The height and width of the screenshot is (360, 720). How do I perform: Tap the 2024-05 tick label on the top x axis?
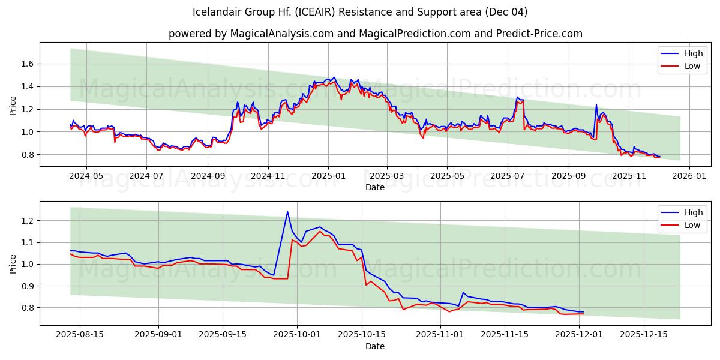86,176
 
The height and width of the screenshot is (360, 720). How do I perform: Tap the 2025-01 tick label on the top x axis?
328,176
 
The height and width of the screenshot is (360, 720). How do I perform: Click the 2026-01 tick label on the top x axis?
689,176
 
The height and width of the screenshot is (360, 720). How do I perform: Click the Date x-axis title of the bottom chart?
375,346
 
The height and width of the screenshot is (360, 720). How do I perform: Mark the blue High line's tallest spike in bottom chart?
287,212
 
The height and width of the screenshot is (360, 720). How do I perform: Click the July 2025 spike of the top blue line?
517,97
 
